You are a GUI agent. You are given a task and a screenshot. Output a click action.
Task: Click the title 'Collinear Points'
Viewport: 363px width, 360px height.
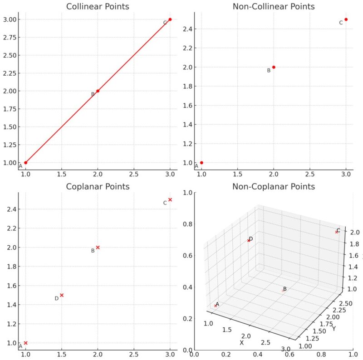(98, 7)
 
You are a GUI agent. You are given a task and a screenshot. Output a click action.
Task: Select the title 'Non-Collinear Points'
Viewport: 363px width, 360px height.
(274, 7)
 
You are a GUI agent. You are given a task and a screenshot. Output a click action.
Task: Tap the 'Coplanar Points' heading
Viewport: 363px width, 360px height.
(98, 187)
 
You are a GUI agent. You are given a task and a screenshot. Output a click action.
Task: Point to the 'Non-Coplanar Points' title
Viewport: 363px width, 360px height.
(274, 187)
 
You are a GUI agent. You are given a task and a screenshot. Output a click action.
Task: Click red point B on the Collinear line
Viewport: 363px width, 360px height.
(98, 91)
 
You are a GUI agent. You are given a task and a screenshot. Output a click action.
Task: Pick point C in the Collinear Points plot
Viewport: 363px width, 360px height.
(170, 19)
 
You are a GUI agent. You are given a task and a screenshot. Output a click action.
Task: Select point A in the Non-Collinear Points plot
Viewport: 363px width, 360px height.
(201, 162)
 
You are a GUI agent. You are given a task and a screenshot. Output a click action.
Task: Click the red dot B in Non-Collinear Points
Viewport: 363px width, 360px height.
(274, 67)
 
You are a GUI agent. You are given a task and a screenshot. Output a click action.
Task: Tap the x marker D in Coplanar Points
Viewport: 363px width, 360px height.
(62, 295)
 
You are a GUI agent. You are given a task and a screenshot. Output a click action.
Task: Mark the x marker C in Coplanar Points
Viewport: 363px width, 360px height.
(170, 199)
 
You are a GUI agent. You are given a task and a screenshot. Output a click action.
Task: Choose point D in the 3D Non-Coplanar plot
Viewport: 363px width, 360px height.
(248, 240)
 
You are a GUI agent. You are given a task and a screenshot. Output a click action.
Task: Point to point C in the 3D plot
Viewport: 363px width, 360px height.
(336, 232)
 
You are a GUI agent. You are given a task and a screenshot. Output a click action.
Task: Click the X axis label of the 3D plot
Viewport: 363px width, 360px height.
(242, 342)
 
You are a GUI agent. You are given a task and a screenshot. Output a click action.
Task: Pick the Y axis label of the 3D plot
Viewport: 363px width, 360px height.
(334, 328)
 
